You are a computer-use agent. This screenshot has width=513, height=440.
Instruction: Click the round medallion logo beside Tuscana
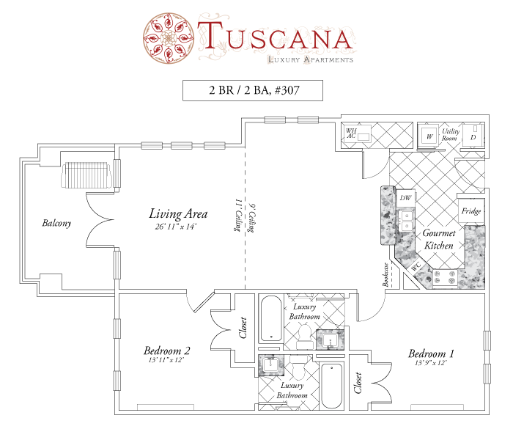[x=169, y=38]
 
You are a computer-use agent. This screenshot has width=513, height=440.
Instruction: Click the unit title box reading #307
[x=253, y=90]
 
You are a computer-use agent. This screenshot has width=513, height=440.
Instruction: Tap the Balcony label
[x=56, y=223]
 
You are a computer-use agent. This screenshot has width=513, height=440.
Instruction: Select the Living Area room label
[x=178, y=213]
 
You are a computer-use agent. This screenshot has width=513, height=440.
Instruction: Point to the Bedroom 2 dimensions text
[x=166, y=360]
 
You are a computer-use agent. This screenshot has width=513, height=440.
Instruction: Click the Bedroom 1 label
[x=431, y=353]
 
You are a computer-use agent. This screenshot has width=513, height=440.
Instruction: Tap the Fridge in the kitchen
[x=471, y=211]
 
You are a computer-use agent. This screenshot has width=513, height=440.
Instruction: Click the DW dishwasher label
[x=405, y=198]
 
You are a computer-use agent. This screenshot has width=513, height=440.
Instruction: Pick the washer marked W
[x=429, y=136]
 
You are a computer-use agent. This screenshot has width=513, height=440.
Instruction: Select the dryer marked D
[x=473, y=136]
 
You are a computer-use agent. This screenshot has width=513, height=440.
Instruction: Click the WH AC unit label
[x=351, y=133]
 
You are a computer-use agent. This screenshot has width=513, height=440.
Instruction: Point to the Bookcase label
[x=385, y=275]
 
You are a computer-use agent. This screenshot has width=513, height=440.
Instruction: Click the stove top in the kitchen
[x=445, y=278]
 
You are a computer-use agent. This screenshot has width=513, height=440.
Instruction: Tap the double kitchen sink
[x=407, y=221]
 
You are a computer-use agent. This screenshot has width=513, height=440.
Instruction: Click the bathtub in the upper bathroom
[x=271, y=319]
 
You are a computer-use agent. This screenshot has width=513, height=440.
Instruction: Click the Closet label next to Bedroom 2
[x=243, y=328]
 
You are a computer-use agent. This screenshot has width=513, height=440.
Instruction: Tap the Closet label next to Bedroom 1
[x=358, y=382]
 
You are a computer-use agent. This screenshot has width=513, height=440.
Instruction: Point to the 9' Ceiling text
[x=251, y=219]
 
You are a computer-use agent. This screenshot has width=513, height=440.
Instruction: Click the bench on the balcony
[x=86, y=175]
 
